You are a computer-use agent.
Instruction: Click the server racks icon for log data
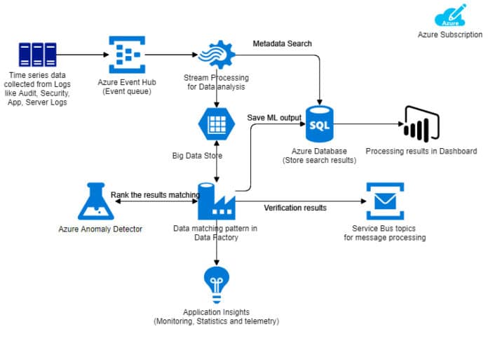click(x=36, y=54)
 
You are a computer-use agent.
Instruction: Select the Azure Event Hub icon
click(x=126, y=54)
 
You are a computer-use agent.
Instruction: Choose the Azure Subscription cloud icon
click(x=450, y=16)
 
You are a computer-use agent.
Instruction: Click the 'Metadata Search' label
click(x=282, y=44)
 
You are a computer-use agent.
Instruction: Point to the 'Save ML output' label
click(x=274, y=117)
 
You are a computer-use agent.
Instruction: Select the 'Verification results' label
click(x=295, y=207)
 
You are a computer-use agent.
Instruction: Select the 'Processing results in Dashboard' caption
click(x=421, y=151)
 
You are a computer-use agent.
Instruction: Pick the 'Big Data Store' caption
click(x=198, y=155)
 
